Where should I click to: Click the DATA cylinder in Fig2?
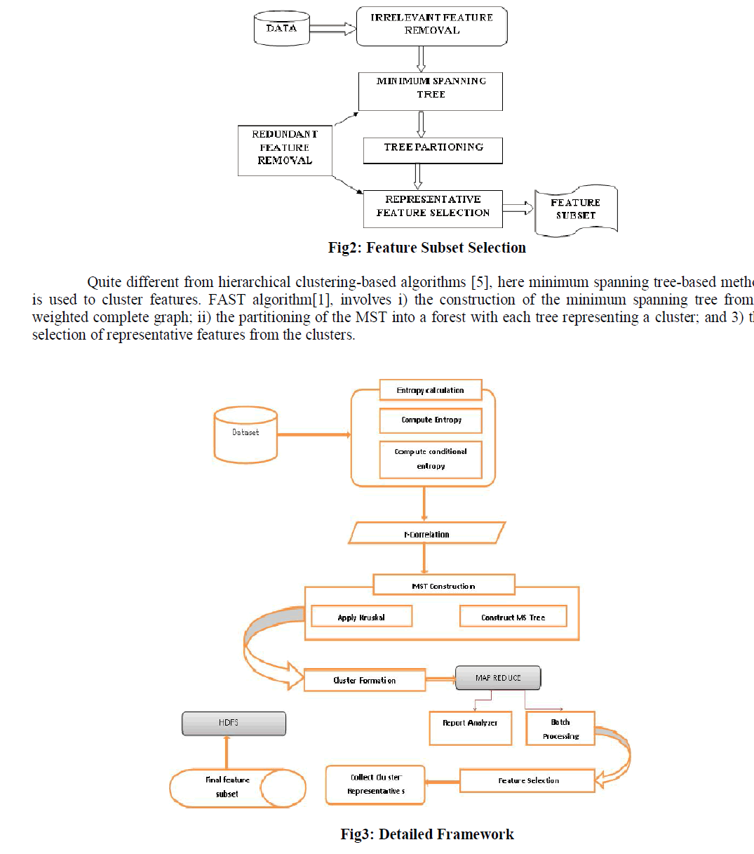[281, 29]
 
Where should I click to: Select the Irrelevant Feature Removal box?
[431, 26]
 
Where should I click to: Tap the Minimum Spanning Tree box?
[431, 91]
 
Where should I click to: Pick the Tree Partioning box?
[433, 150]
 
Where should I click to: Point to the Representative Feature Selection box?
[433, 208]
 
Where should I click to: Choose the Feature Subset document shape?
[576, 209]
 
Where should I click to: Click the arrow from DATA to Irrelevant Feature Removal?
[332, 29]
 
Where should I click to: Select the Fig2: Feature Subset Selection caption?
[426, 248]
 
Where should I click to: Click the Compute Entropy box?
[431, 420]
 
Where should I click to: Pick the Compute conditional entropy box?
[431, 460]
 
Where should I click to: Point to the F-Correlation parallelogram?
[426, 533]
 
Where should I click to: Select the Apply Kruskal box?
[361, 617]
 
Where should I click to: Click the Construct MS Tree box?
[513, 617]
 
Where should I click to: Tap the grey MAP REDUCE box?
[498, 678]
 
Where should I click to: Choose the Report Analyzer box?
[470, 728]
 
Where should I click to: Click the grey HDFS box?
[234, 723]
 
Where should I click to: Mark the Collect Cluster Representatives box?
[375, 785]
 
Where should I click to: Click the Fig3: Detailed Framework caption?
[426, 834]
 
